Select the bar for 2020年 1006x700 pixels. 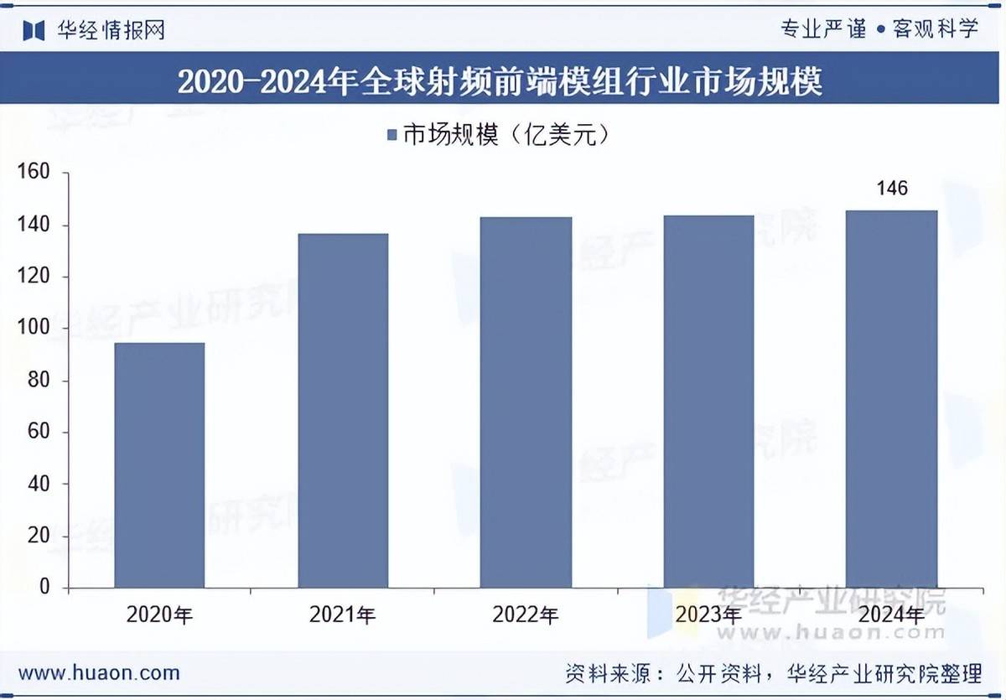coord(159,464)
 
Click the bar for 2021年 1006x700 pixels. coord(343,410)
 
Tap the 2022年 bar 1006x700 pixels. coord(526,402)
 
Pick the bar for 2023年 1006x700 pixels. coord(708,402)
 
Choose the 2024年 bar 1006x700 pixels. coord(891,398)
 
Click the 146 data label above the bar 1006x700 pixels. coord(892,189)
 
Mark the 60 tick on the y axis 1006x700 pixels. coord(39,433)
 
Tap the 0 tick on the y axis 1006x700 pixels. coord(44,588)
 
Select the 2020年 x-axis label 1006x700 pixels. coord(159,615)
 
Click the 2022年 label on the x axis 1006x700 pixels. coord(526,615)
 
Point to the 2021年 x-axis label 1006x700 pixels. coord(343,615)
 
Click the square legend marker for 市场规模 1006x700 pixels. coord(392,136)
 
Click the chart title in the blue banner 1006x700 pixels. coord(500,81)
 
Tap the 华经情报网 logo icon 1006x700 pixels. coord(34,31)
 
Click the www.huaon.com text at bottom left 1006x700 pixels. coord(99,673)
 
